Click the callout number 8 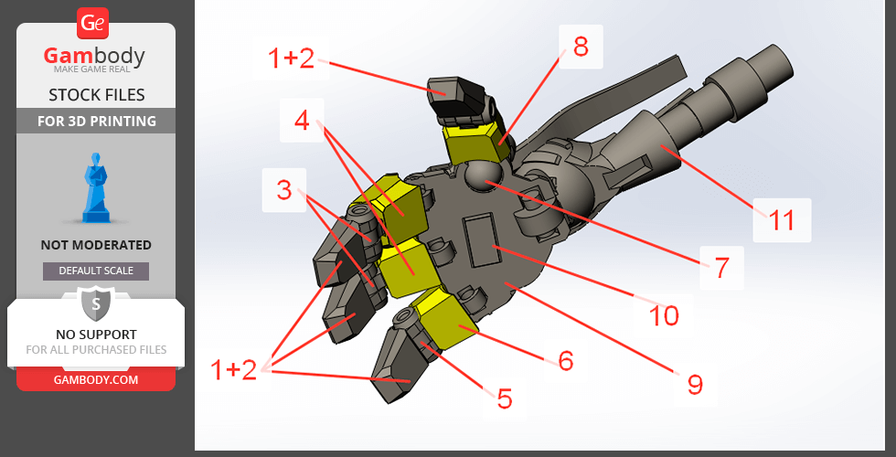pyautogui.click(x=581, y=47)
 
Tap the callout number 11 pyautogui.click(x=782, y=220)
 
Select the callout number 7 pyautogui.click(x=721, y=267)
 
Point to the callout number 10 pyautogui.click(x=664, y=315)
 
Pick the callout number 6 pyautogui.click(x=565, y=360)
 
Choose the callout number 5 pyautogui.click(x=504, y=399)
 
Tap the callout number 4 pyautogui.click(x=302, y=121)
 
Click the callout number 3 pyautogui.click(x=284, y=190)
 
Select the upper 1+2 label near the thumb pyautogui.click(x=291, y=58)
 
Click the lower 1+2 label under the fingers pyautogui.click(x=234, y=370)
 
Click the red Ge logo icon pyautogui.click(x=92, y=24)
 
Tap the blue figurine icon pyautogui.click(x=96, y=187)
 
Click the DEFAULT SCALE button pyautogui.click(x=96, y=271)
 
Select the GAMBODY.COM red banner pyautogui.click(x=96, y=379)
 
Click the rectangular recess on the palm pyautogui.click(x=485, y=239)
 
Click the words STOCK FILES pyautogui.click(x=97, y=94)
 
